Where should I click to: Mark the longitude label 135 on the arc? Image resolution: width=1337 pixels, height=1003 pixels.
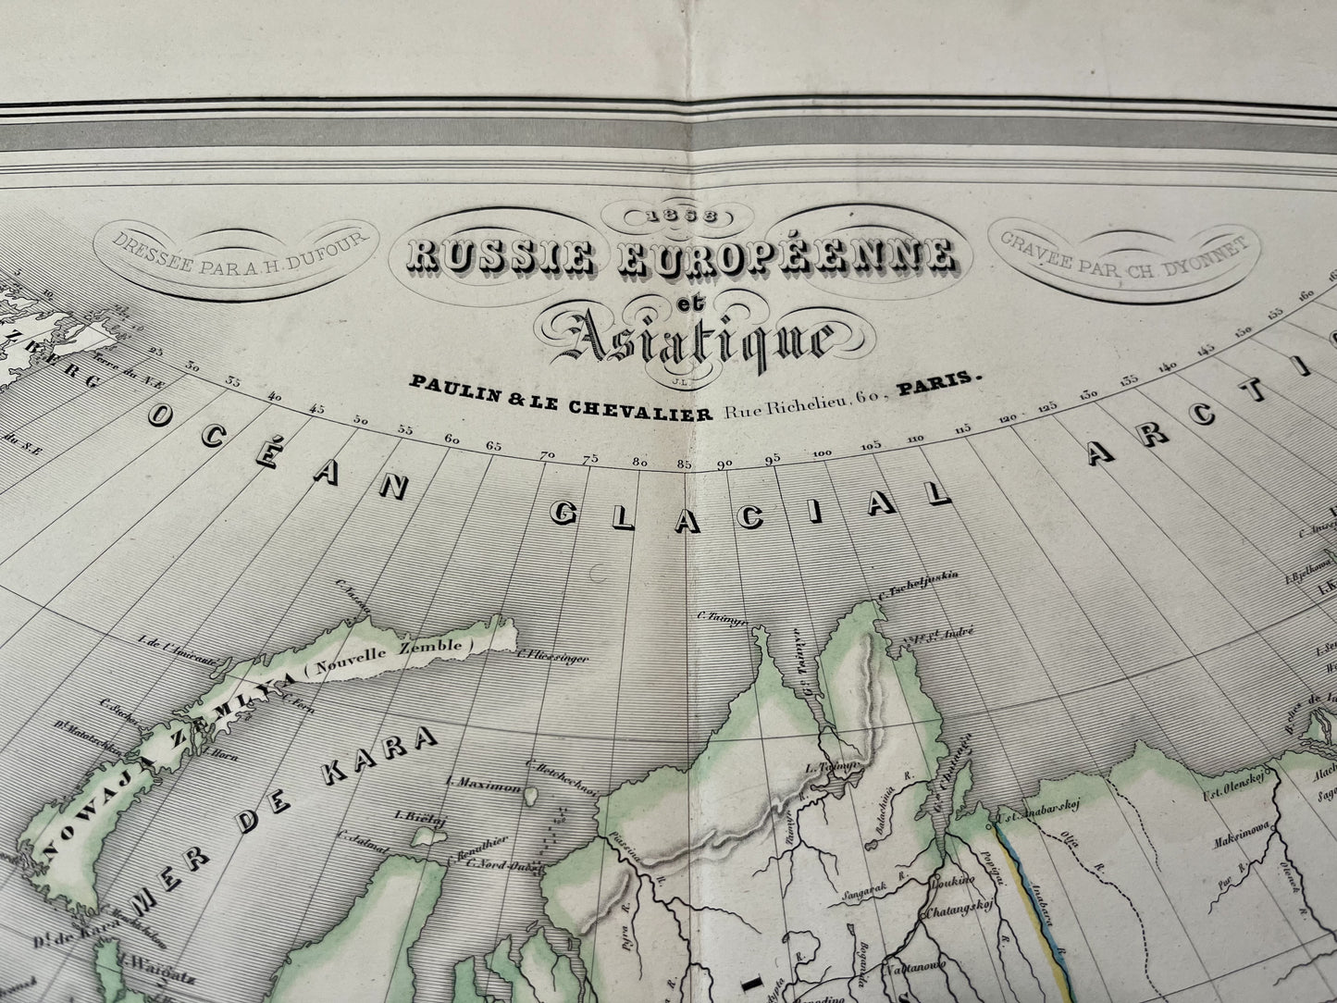point(1129,380)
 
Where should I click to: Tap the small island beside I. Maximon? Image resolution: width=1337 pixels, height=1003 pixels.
point(534,793)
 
